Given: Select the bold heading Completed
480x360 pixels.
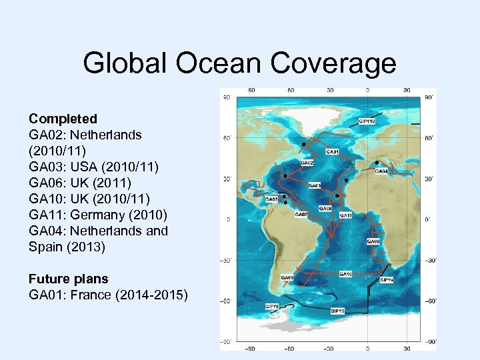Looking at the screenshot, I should coord(63,119).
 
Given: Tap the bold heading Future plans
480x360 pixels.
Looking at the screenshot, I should coord(68,279).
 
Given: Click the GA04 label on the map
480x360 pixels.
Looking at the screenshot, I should coord(381,171).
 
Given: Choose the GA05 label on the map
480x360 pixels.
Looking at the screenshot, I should coord(271,199).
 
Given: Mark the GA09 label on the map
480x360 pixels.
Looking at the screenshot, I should coord(287,277).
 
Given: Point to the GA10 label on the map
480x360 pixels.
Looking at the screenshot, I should coord(345,273).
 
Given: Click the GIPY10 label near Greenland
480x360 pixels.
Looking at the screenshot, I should coord(367,121).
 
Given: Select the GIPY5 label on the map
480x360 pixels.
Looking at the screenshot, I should coord(338,311).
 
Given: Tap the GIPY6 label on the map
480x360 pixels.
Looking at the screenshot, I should coord(271,306).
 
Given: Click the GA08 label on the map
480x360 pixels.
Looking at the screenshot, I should coord(373,241).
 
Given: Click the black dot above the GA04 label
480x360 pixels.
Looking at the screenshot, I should coord(377,163).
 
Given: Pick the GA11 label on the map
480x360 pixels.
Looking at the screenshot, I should coord(346,215).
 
